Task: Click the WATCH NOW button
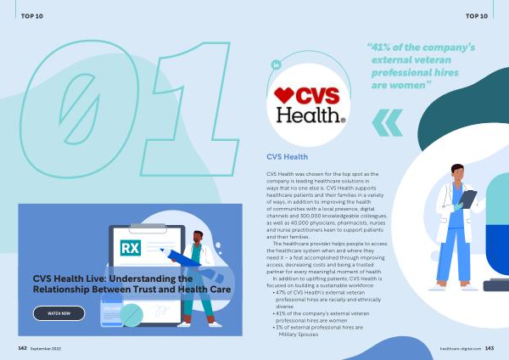[59, 313]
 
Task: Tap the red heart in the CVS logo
[284, 95]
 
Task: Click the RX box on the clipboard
[131, 248]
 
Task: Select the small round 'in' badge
[276, 65]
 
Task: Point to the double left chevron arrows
[388, 123]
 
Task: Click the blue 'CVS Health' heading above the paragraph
[287, 157]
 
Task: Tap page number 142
[22, 348]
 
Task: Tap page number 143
[489, 348]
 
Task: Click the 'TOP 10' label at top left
[32, 16]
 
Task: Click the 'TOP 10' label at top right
[477, 16]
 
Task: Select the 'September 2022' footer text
[46, 349]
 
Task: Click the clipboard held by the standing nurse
[467, 199]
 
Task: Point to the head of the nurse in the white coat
[457, 172]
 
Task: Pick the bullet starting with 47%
[327, 300]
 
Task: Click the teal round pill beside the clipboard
[131, 315]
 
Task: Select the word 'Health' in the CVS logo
[308, 115]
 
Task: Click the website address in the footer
[461, 349]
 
